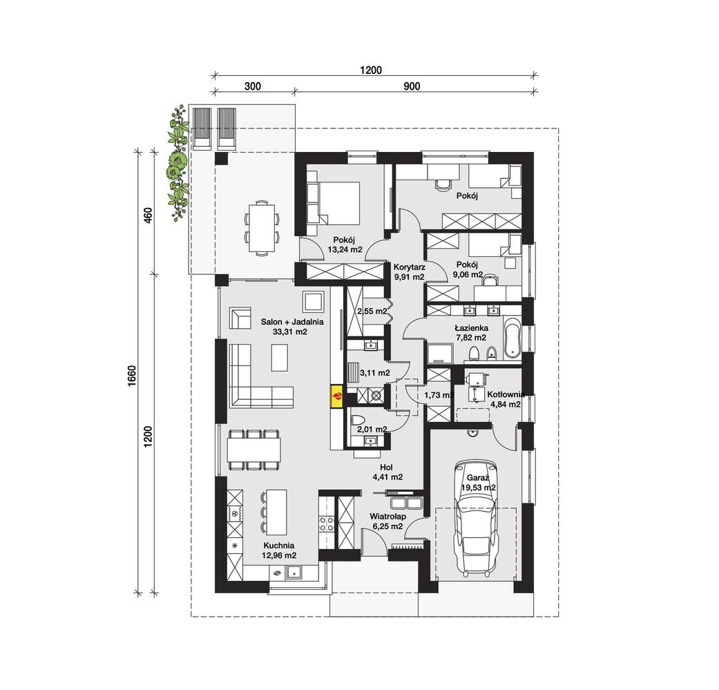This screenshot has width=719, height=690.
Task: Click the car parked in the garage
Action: click(474, 519)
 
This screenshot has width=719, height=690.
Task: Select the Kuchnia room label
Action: click(279, 546)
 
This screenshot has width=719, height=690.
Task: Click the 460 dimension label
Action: click(148, 215)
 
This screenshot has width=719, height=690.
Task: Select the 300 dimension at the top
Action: click(253, 86)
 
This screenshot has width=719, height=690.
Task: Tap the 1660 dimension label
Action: click(133, 376)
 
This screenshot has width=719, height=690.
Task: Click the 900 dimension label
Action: click(412, 86)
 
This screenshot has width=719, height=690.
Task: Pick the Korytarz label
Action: click(410, 267)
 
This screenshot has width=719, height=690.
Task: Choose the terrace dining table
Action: click(262, 227)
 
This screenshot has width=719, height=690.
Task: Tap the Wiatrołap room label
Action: click(388, 517)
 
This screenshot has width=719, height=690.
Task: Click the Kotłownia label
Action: click(506, 394)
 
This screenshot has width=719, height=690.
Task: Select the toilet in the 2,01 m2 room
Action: click(358, 420)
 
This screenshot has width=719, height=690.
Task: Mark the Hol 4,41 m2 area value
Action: click(388, 477)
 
